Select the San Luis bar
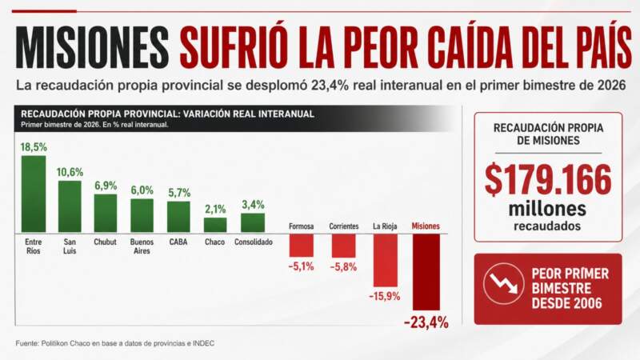pyautogui.click(x=70, y=206)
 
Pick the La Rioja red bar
pyautogui.click(x=386, y=260)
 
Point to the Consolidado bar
pyautogui.click(x=253, y=222)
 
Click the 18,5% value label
pyautogui.click(x=34, y=147)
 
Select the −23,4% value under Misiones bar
pyautogui.click(x=426, y=322)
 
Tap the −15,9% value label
pyautogui.click(x=386, y=297)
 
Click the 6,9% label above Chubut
pyautogui.click(x=106, y=186)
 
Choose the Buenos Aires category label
pyautogui.click(x=142, y=246)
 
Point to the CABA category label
pyautogui.click(x=178, y=242)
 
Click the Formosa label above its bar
pyautogui.click(x=301, y=226)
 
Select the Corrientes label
pyautogui.click(x=344, y=226)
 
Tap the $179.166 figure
pyautogui.click(x=548, y=180)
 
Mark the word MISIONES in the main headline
pyautogui.click(x=94, y=49)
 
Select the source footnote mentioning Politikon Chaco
pyautogui.click(x=115, y=344)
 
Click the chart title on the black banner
pyautogui.click(x=167, y=114)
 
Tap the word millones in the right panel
pyautogui.click(x=548, y=210)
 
